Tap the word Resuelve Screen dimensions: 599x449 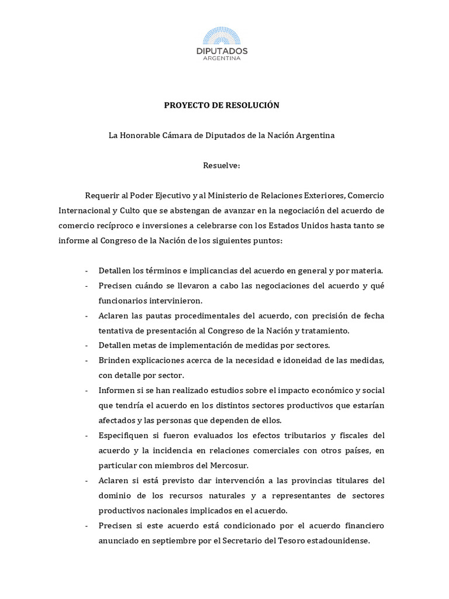(221, 165)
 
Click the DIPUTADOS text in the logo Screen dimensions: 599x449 (222, 51)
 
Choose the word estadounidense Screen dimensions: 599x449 (336, 541)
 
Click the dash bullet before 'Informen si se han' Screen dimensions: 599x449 (87, 390)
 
